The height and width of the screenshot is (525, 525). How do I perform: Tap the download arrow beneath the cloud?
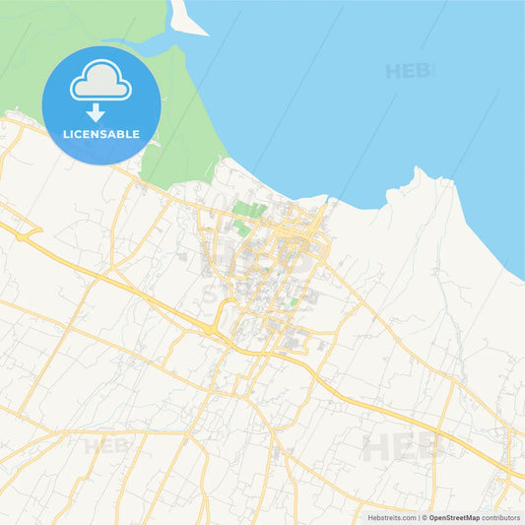pos(96,113)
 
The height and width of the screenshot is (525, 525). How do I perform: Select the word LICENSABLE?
pos(101,133)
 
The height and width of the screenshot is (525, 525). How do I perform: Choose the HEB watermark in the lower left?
pos(107,446)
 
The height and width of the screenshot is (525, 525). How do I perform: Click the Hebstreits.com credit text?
pos(392,517)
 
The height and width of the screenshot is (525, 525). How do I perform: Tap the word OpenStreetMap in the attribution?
pos(454,517)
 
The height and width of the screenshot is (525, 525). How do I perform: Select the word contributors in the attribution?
pos(501,517)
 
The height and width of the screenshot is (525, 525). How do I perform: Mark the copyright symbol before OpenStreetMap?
pos(425,517)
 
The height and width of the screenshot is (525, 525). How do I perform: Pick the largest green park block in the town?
pos(249,209)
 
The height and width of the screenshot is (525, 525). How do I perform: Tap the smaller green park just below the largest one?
pos(241,228)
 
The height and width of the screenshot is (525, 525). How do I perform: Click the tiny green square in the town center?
pos(294,301)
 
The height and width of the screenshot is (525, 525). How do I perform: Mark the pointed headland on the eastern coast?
pos(420,174)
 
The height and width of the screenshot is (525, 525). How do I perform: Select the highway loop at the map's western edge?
pos(25,232)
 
